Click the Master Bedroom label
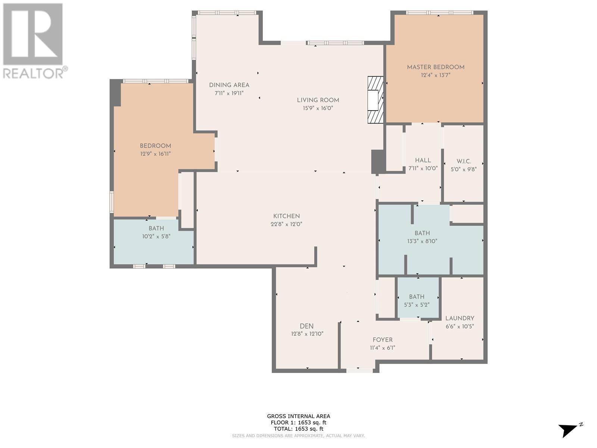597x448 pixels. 435,67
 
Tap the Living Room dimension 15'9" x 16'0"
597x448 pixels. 318,108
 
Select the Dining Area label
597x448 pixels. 229,85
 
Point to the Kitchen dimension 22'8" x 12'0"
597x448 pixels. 287,224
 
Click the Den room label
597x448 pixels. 307,326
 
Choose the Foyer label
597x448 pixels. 382,340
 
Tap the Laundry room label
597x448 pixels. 460,318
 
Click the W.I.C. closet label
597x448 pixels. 463,161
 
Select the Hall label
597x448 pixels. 423,161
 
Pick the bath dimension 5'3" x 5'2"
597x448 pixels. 417,305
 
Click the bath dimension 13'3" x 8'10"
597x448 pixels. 422,241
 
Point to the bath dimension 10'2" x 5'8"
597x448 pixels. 156,236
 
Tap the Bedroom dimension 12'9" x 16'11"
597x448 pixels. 155,154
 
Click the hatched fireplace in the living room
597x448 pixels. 375,100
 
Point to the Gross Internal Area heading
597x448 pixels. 298,416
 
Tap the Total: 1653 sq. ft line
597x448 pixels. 298,429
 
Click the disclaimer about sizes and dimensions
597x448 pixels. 298,436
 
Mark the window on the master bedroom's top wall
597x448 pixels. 440,13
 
